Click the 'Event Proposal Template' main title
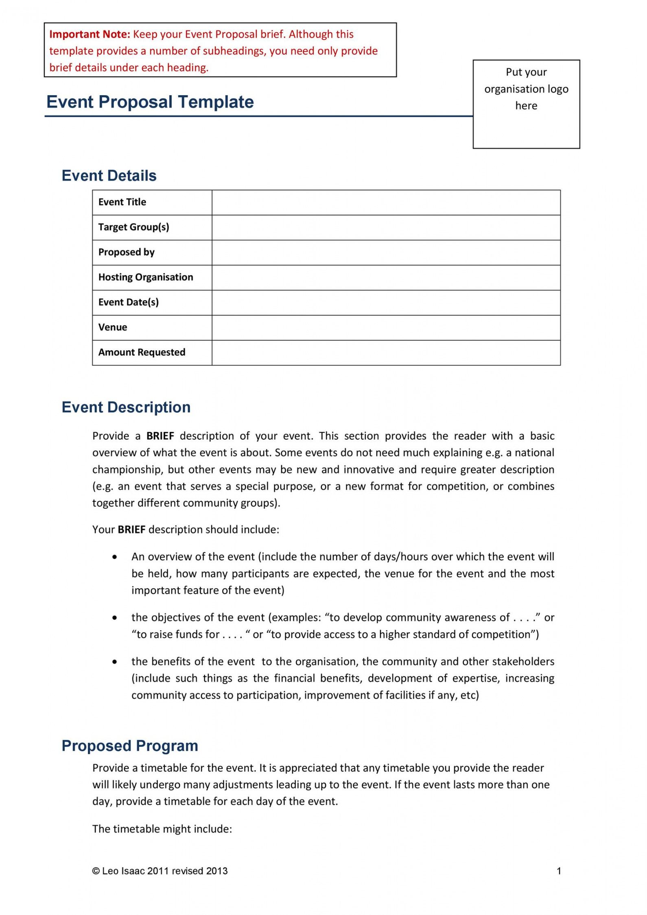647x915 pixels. coord(150,102)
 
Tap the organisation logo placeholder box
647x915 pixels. coord(526,104)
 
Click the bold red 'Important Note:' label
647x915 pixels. coord(90,34)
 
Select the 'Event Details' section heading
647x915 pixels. coord(109,176)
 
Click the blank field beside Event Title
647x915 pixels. coord(386,203)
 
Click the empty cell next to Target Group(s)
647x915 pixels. coord(386,227)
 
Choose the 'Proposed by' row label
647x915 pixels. coord(127,252)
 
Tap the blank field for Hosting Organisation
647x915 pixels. coord(386,277)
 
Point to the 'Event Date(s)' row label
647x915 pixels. coord(129,302)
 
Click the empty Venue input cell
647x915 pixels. coord(386,327)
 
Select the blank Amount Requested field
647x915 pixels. coord(386,353)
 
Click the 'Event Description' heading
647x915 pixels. coord(126,407)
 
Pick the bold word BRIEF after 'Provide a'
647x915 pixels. coord(160,436)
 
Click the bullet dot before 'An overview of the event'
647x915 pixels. coord(115,557)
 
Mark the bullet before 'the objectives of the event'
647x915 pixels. coord(115,618)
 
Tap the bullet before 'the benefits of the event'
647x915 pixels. coord(115,662)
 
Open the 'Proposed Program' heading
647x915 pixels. coord(130,746)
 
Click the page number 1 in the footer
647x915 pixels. coord(559,871)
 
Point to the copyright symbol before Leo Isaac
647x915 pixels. coord(96,871)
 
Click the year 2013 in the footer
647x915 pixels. coord(217,871)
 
